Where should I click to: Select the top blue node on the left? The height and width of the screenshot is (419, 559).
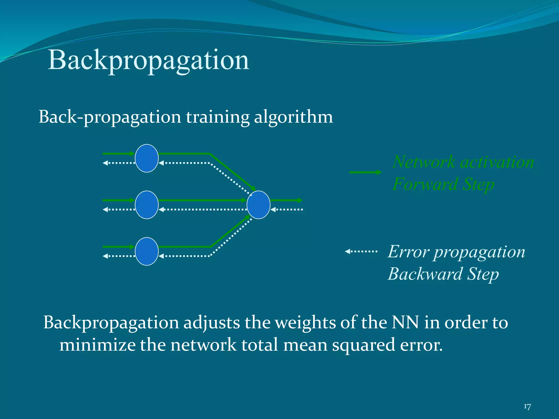pos(147,158)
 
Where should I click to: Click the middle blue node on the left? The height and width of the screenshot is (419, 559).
pos(147,205)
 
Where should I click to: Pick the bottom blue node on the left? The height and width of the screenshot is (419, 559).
pos(147,251)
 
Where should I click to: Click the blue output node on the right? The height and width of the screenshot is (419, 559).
pos(258,205)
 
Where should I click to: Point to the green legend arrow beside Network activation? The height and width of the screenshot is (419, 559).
pos(365,172)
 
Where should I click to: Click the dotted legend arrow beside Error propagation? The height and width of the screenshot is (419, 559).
pos(361,252)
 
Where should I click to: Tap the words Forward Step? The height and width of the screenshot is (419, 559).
pos(443,184)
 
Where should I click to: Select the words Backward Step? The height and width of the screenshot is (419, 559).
pos(443,274)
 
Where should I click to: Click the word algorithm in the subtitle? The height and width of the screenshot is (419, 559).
pos(293,117)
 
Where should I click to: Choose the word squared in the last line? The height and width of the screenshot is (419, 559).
pos(363,345)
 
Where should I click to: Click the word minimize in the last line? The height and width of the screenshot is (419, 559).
pos(97,345)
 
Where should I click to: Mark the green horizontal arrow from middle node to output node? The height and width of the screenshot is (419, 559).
pos(202,200)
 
